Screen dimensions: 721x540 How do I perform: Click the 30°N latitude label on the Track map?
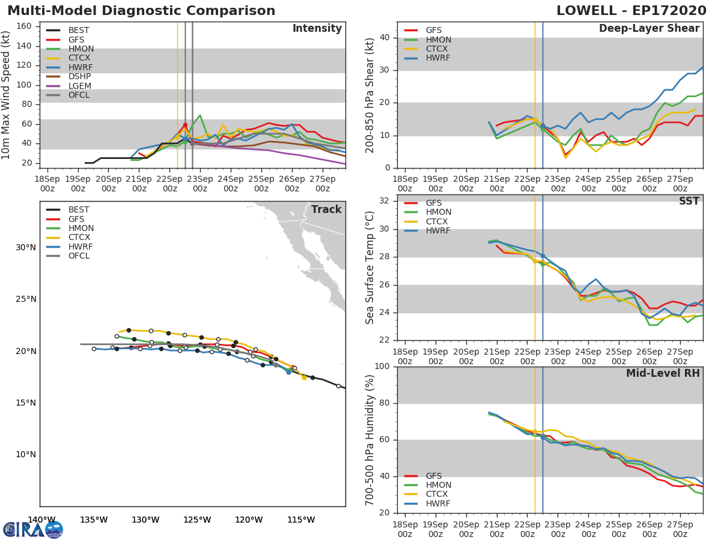click(x=26, y=248)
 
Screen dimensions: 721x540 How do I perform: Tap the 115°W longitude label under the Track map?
click(x=301, y=520)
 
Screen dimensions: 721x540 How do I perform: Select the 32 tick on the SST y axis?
click(x=385, y=200)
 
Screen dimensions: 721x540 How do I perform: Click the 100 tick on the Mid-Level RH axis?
click(x=382, y=366)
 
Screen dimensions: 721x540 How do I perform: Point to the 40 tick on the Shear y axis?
click(x=385, y=37)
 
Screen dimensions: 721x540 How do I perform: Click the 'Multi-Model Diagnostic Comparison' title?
click(x=141, y=11)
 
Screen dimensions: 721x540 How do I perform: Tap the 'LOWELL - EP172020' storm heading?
click(x=631, y=10)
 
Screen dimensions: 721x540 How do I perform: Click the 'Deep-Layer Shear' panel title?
click(x=650, y=29)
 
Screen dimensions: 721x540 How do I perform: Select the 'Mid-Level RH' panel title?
click(x=663, y=373)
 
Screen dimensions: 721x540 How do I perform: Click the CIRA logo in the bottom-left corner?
click(x=33, y=530)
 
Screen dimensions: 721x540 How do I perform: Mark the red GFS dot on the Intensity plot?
click(x=185, y=125)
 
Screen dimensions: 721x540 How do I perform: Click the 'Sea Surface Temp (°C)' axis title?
click(x=370, y=268)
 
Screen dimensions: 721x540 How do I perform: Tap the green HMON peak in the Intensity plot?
click(x=200, y=115)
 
